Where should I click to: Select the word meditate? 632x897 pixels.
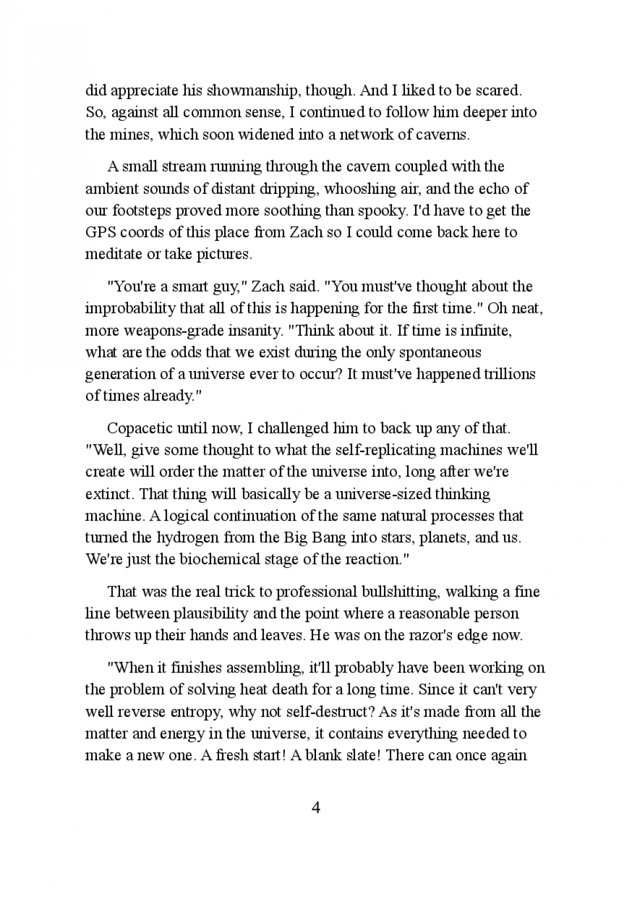tap(112, 255)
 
